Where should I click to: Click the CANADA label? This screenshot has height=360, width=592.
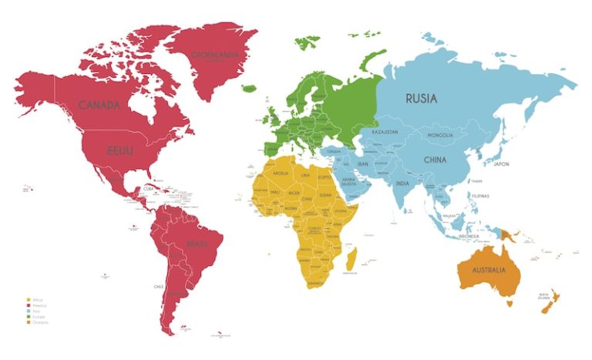pos(99,104)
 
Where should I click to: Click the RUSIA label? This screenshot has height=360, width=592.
pos(422,98)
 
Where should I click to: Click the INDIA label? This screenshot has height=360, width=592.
pos(402,183)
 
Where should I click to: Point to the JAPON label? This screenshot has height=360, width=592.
pos(502,163)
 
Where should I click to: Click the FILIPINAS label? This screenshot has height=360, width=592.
pos(481,197)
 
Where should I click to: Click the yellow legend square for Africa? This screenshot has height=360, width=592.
pos(29,299)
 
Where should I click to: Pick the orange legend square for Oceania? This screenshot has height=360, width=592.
pos(29,322)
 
